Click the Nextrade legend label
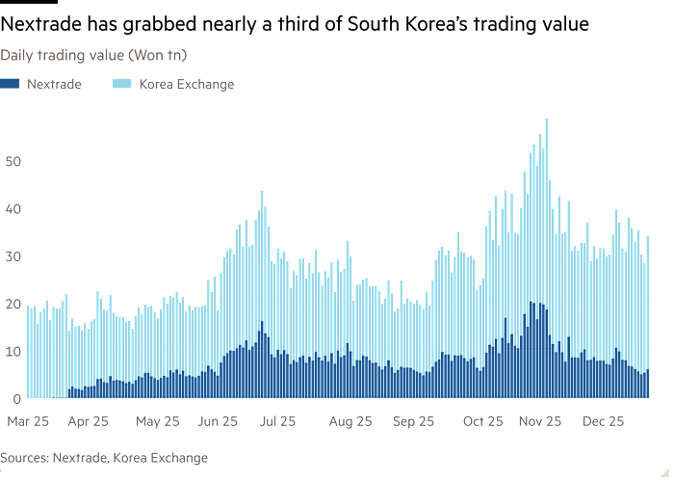(54, 84)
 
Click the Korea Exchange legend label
(186, 84)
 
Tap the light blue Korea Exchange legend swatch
(124, 84)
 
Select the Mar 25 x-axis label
(28, 421)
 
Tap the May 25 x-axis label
(158, 421)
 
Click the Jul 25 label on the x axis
(278, 421)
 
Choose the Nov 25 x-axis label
(540, 421)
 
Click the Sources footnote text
(104, 457)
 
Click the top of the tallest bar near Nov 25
(547, 119)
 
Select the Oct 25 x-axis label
(482, 421)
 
